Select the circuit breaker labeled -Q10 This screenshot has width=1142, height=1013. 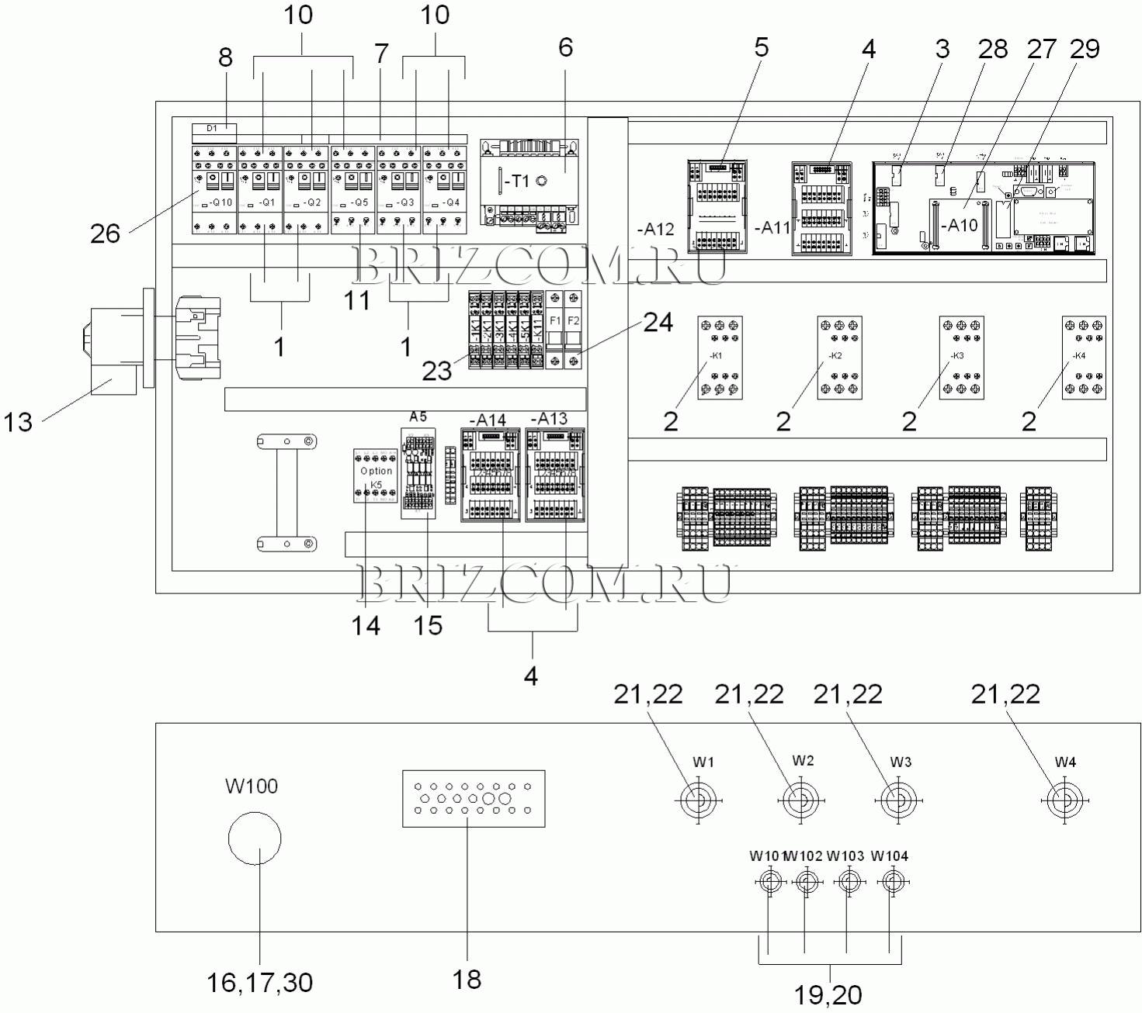(214, 189)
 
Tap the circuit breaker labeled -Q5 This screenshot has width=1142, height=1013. (353, 189)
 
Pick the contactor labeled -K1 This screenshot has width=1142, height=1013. (720, 358)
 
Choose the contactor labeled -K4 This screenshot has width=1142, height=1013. (1084, 358)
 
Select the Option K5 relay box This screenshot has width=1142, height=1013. (377, 475)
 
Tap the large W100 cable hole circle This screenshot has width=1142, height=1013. (255, 838)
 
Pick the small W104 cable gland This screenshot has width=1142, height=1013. (889, 881)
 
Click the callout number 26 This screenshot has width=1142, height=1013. (105, 233)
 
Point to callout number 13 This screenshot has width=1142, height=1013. (19, 423)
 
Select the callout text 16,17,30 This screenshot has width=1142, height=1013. (259, 983)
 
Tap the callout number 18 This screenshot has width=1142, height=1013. (467, 980)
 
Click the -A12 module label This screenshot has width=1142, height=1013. (655, 230)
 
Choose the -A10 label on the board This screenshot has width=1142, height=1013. (963, 225)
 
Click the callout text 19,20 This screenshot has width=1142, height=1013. (828, 994)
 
